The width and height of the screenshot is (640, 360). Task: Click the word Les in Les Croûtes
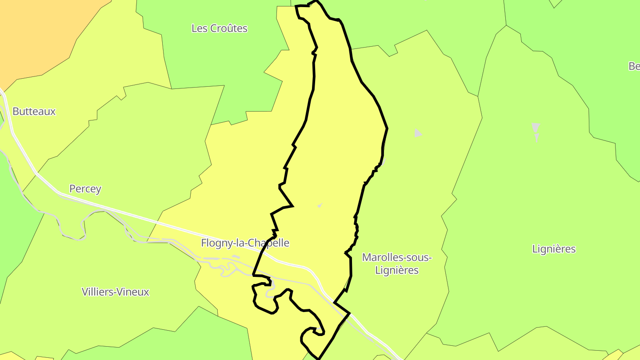(199, 28)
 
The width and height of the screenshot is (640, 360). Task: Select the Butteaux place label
(34, 112)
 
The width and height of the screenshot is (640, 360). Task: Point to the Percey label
(85, 189)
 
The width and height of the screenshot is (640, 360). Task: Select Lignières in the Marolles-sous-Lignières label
(397, 270)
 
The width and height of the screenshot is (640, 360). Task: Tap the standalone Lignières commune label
(554, 249)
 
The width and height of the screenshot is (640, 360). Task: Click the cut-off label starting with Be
(634, 66)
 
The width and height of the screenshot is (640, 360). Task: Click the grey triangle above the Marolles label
(418, 133)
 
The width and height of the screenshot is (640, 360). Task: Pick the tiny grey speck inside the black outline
(320, 205)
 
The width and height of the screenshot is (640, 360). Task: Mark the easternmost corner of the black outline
(387, 128)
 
